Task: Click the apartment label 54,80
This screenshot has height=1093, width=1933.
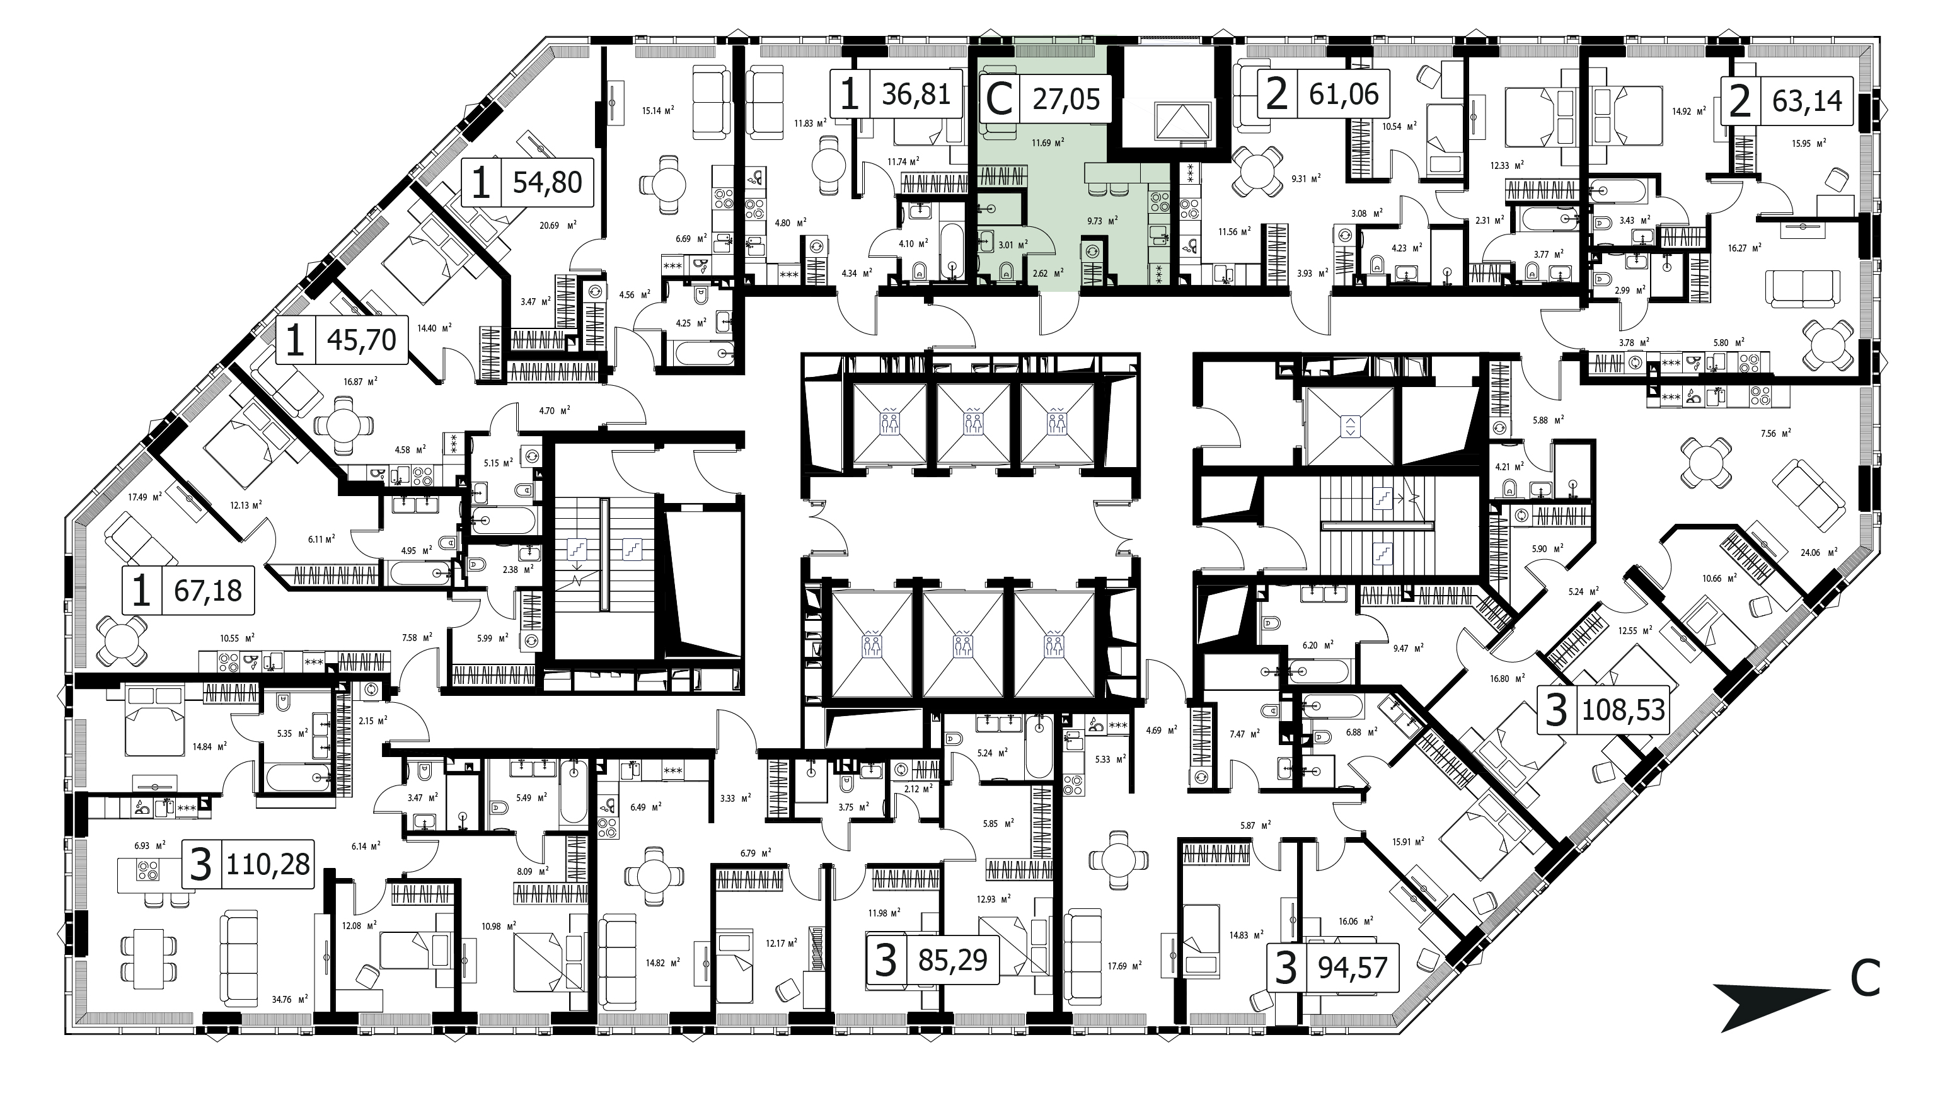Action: pos(528,182)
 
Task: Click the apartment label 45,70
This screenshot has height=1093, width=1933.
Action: pos(342,340)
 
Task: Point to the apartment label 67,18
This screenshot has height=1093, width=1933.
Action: pos(188,591)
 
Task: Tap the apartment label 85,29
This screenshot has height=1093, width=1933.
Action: pos(933,959)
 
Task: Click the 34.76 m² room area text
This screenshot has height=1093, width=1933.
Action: pos(290,999)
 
